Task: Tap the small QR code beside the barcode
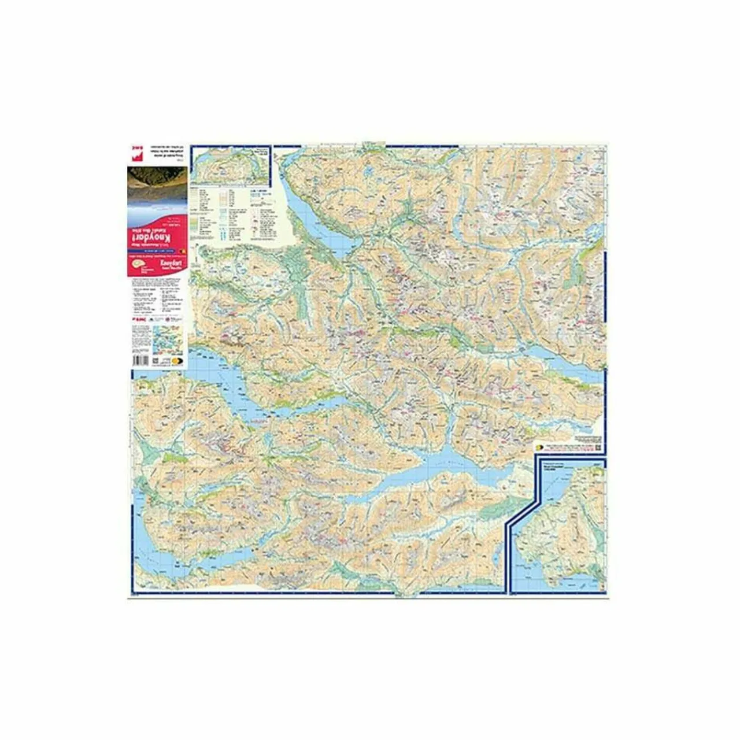[x=156, y=360]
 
